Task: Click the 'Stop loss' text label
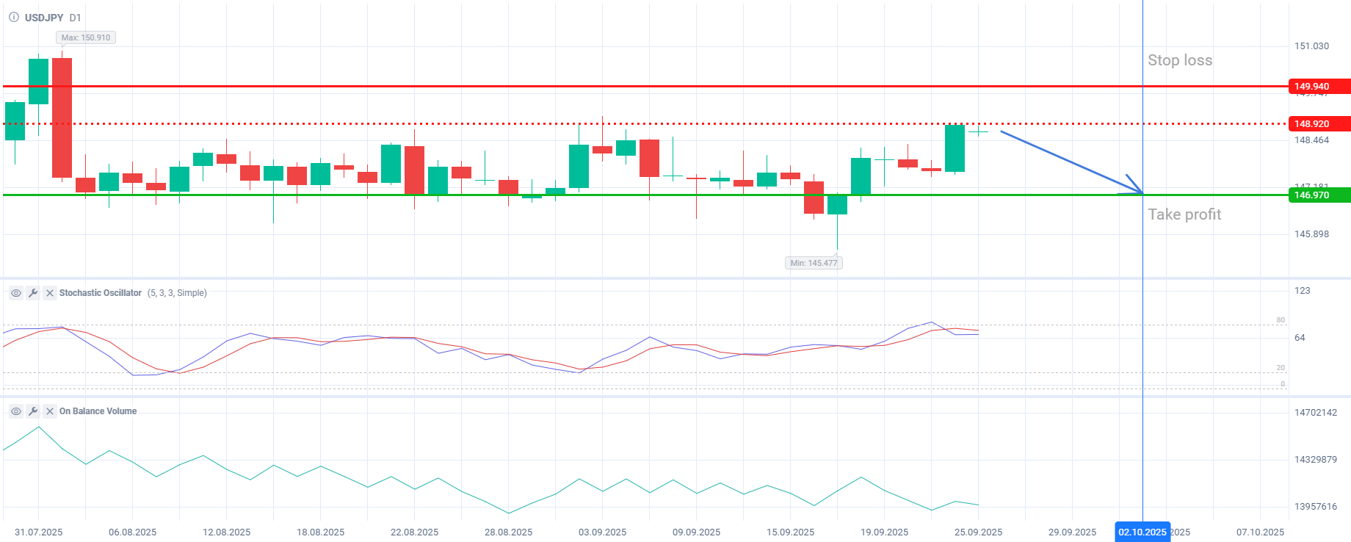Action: pyautogui.click(x=1180, y=60)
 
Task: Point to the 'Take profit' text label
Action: pyautogui.click(x=1184, y=214)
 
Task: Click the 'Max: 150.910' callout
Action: pyautogui.click(x=86, y=37)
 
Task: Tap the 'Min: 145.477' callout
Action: pyautogui.click(x=814, y=263)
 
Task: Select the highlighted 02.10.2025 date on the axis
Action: pyautogui.click(x=1142, y=532)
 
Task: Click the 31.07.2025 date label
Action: pyautogui.click(x=38, y=532)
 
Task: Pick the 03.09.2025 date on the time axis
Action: pyautogui.click(x=602, y=532)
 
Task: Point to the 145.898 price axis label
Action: pyautogui.click(x=1311, y=234)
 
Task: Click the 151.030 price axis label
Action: pyautogui.click(x=1311, y=46)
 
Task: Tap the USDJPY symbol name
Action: pyautogui.click(x=44, y=18)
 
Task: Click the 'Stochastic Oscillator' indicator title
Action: pyautogui.click(x=101, y=293)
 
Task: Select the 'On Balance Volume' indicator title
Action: pyautogui.click(x=98, y=411)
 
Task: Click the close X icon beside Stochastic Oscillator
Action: pyautogui.click(x=50, y=293)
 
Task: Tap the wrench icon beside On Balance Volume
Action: pyautogui.click(x=33, y=411)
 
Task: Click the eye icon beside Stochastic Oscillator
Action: pyautogui.click(x=15, y=293)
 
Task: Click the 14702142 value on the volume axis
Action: pyautogui.click(x=1315, y=413)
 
